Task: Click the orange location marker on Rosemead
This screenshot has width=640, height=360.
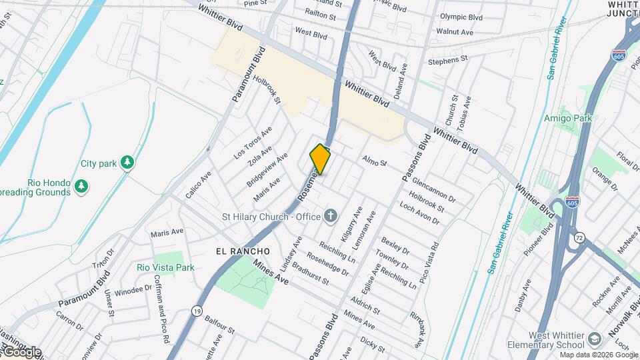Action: tap(321, 159)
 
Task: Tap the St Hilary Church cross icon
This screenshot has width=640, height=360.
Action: tap(330, 215)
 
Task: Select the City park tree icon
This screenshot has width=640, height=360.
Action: tap(127, 163)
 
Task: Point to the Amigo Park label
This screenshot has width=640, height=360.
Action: tap(567, 118)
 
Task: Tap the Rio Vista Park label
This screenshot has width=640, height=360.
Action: tap(165, 267)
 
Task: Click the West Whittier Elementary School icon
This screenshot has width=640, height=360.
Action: tap(593, 340)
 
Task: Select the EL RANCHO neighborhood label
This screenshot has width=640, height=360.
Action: tap(243, 251)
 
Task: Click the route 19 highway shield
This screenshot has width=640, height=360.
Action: tap(196, 311)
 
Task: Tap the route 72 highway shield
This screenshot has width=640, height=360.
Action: tap(580, 238)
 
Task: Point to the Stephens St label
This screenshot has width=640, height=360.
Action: tap(447, 61)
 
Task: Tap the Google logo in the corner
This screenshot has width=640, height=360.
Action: tap(21, 352)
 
